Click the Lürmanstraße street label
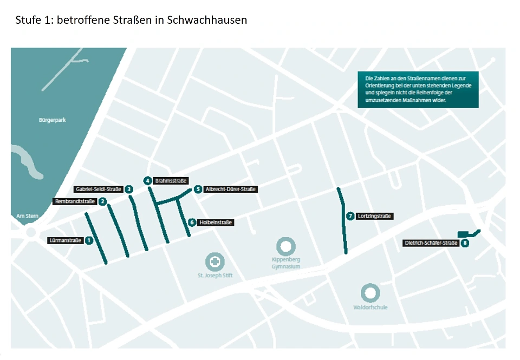click(64, 240)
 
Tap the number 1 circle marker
click(89, 240)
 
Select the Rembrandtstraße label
click(74, 202)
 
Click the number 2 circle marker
click(102, 202)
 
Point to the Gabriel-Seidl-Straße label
click(98, 189)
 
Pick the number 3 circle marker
click(129, 189)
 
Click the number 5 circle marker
click(198, 189)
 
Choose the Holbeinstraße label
click(216, 222)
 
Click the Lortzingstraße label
click(374, 216)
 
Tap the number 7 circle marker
click(350, 216)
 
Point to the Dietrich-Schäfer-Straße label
click(432, 243)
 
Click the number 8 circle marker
click(465, 243)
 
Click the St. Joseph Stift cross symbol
click(215, 262)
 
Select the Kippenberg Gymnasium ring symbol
click(285, 246)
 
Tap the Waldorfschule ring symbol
click(370, 293)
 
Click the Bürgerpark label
click(52, 120)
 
